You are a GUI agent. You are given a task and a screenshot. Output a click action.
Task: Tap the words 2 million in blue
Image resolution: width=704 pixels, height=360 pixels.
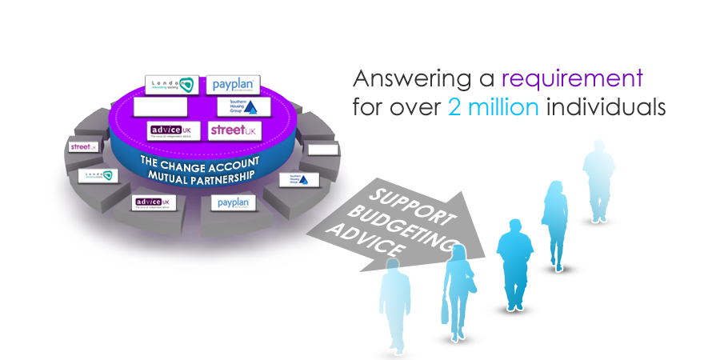pyautogui.click(x=493, y=107)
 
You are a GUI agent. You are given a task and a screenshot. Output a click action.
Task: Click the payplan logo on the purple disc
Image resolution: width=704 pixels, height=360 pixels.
pyautogui.click(x=232, y=84)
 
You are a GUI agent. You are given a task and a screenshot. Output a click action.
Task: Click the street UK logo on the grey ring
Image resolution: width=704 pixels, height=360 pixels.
pyautogui.click(x=82, y=147)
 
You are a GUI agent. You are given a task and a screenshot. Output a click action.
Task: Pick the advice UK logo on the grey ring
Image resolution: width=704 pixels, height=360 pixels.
pyautogui.click(x=152, y=203)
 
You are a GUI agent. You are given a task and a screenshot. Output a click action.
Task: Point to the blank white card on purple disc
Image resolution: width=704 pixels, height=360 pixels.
pyautogui.click(x=160, y=106)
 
